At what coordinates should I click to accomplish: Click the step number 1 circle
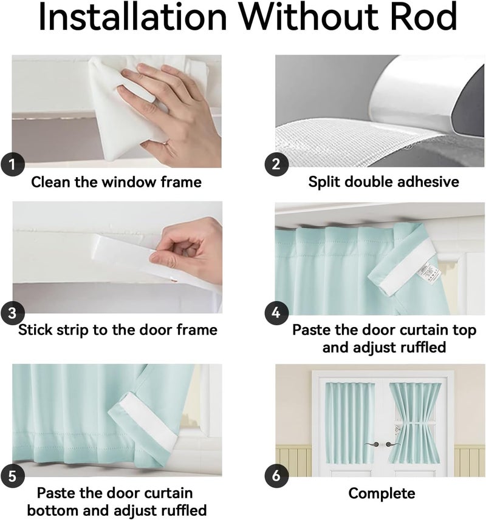(13, 164)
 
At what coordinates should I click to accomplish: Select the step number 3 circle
(13, 313)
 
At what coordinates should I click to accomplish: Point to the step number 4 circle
(276, 313)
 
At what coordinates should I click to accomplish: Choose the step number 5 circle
(13, 476)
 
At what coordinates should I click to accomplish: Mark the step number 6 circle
(276, 476)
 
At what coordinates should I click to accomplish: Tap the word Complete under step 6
(382, 493)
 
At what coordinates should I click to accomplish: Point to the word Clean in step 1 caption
(51, 182)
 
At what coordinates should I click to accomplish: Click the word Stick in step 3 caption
(35, 330)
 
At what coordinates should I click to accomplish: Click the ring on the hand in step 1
(165, 143)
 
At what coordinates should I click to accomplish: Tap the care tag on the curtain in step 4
(429, 272)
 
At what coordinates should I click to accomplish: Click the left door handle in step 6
(372, 444)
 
